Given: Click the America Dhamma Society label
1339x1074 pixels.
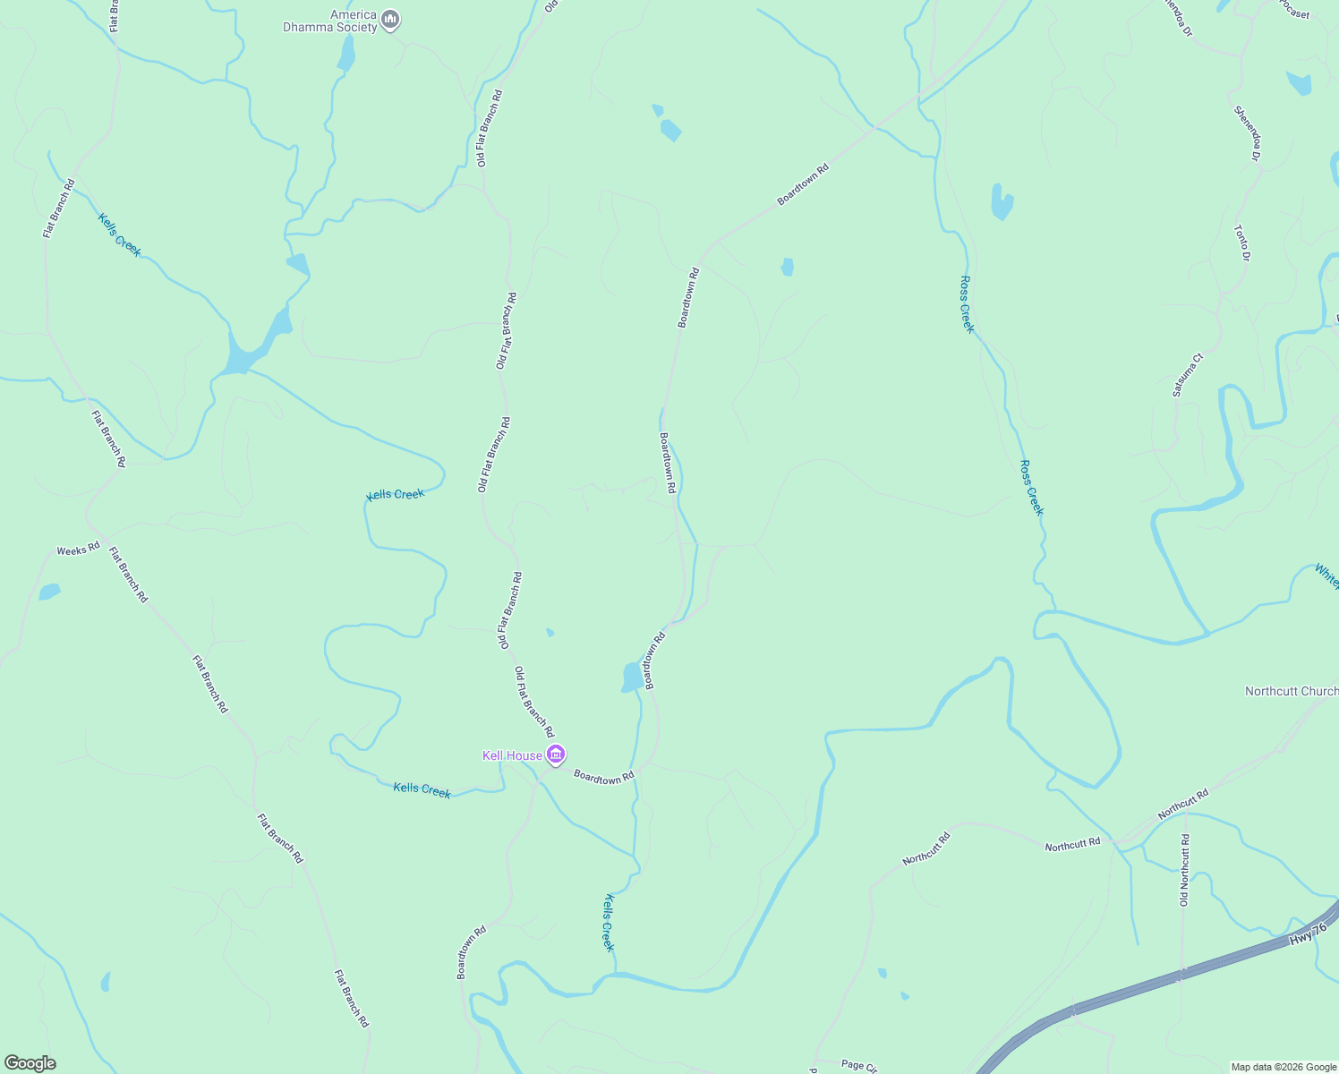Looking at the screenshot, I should (x=330, y=21).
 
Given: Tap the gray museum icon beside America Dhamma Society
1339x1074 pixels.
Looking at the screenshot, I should (x=389, y=19).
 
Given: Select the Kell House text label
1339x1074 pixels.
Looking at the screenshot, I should (x=512, y=756).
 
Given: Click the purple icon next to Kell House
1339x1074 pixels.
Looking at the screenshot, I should (x=556, y=756).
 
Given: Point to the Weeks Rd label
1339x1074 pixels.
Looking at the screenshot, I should (x=78, y=549).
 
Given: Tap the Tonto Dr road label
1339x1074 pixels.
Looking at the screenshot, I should (x=1241, y=243).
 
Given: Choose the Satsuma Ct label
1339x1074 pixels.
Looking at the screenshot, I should (x=1189, y=375).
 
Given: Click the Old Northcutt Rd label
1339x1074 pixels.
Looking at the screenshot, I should (x=1184, y=870).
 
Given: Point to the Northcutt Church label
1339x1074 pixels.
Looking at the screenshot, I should (x=1291, y=691).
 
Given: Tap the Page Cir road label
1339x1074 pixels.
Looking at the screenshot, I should (x=858, y=1065).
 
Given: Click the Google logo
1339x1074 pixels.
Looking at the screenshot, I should (x=30, y=1063).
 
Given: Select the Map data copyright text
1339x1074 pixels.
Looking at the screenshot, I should (x=1284, y=1067).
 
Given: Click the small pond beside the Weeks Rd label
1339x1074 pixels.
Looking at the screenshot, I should (x=49, y=592).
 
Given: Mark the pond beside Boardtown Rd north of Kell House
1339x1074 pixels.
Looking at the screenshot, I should (x=632, y=678).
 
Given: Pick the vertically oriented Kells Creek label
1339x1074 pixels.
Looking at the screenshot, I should (x=609, y=923).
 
